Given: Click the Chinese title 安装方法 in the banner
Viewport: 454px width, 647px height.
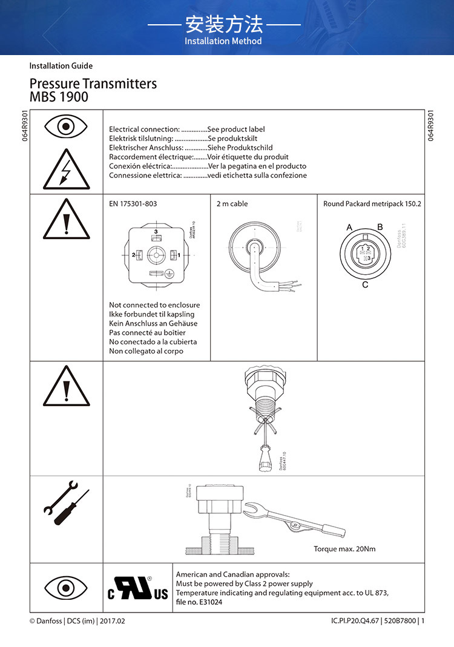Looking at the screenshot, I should [224, 25].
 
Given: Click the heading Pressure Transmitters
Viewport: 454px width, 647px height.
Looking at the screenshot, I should [93, 84].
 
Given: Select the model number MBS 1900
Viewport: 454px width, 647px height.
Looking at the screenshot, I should [59, 97].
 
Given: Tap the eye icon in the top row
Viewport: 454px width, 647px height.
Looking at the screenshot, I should [66, 127].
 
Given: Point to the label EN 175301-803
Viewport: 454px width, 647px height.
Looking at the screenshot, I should [133, 204].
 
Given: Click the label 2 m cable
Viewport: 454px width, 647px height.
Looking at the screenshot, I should [232, 204].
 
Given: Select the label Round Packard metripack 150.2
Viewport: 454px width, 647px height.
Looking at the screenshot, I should [372, 204].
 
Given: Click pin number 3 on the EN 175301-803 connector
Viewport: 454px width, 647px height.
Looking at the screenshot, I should [156, 232].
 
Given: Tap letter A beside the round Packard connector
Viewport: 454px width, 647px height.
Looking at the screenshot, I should [350, 228].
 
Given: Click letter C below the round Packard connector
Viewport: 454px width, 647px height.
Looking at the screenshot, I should [365, 284].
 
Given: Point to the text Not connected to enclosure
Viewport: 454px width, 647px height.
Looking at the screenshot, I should [154, 305].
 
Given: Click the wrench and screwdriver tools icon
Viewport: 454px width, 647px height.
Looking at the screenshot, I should [66, 502].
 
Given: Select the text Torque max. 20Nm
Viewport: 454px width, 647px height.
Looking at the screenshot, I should [344, 549].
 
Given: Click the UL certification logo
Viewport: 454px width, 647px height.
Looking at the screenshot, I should [138, 588].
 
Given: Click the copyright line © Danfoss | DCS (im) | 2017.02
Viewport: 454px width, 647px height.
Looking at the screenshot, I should [77, 621].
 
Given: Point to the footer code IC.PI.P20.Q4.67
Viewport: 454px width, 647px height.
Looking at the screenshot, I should [355, 621].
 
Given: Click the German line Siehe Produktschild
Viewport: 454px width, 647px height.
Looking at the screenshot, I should [240, 148].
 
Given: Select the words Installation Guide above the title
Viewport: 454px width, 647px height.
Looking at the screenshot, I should [61, 65].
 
